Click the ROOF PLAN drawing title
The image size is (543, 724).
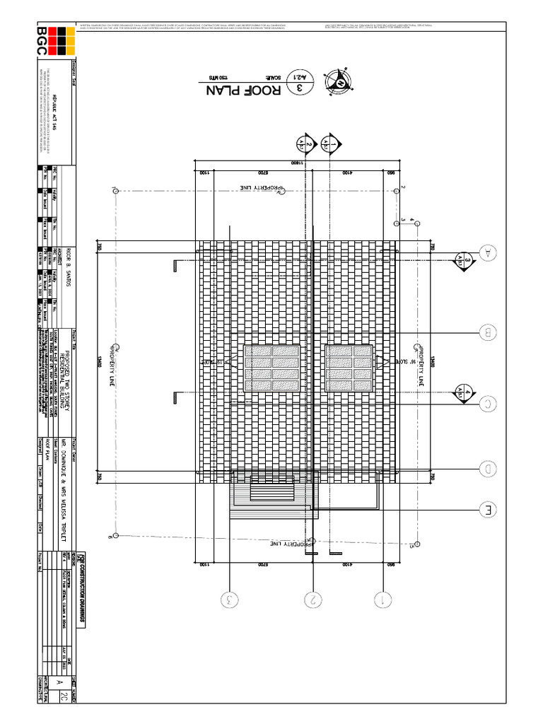243,90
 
